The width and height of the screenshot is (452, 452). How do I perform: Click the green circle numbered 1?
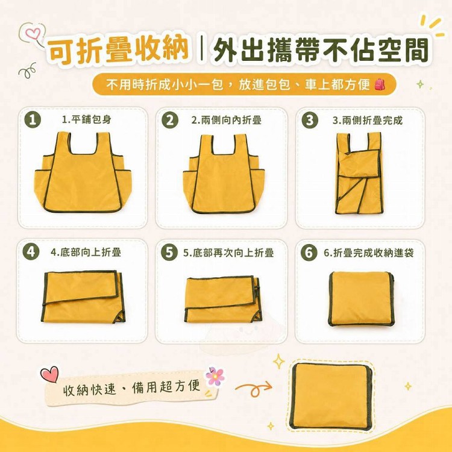point(33,120)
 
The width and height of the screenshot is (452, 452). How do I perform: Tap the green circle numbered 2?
point(170,120)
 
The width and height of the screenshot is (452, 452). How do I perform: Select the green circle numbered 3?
point(310,121)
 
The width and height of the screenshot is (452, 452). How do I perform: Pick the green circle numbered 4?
point(31,252)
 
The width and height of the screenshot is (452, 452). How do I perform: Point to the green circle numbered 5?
point(169,253)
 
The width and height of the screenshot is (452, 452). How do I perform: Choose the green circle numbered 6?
point(309,253)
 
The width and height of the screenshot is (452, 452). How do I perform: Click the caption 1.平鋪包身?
point(86,119)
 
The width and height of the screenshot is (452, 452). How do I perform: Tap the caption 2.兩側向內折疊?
point(226,120)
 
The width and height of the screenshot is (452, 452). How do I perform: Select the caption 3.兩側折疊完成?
point(367,120)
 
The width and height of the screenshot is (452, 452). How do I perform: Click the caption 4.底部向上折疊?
point(86,252)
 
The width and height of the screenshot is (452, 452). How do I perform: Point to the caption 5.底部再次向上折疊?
point(228,253)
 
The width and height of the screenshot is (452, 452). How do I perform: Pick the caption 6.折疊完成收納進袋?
point(369,253)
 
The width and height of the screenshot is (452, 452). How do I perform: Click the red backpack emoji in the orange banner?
point(380,84)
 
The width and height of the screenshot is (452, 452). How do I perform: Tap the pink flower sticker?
point(215,377)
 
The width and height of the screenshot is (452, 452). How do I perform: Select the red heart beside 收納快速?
point(49,374)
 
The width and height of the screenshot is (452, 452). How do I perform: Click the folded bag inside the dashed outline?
point(331,396)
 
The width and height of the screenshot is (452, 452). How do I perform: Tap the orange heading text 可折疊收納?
point(118,50)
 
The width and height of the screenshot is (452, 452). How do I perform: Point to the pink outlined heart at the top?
point(33,33)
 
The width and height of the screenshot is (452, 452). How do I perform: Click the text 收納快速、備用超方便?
point(131,388)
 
